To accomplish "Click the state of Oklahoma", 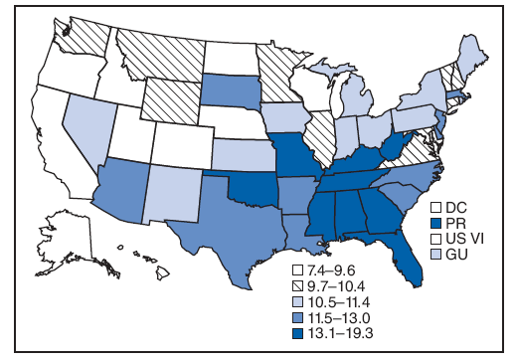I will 243,183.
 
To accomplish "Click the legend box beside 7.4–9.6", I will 296,270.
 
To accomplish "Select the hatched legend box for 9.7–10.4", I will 296,285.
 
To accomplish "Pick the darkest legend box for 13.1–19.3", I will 296,330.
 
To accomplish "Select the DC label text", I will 456,208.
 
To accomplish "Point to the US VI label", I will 464,238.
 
